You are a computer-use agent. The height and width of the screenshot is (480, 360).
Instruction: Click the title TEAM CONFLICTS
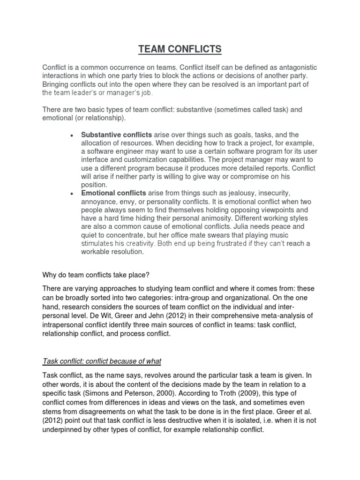tap(180, 48)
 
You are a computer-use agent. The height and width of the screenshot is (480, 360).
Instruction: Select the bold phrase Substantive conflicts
tap(110, 135)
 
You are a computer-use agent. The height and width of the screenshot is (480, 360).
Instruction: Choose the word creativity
tap(137, 244)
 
